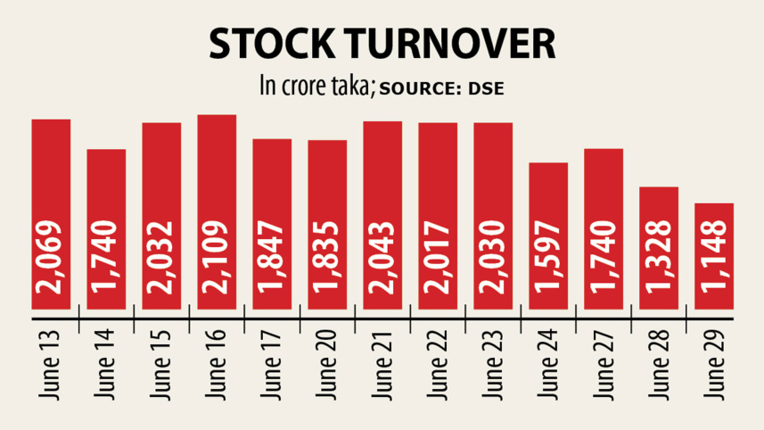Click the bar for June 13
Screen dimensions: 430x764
51,178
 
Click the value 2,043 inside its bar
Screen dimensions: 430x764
383,259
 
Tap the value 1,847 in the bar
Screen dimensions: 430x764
273,259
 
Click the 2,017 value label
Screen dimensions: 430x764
439,259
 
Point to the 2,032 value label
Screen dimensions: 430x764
162,259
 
